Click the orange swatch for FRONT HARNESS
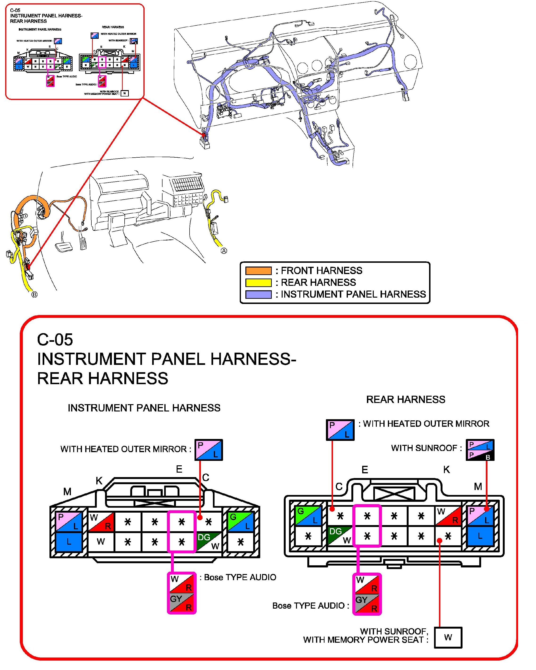[x=258, y=271]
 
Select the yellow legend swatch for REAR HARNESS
[x=258, y=283]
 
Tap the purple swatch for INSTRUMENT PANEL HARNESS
[x=258, y=294]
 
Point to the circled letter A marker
[x=224, y=251]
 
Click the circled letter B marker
[x=34, y=294]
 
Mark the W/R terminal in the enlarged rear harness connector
[x=448, y=516]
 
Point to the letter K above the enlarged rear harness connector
[x=447, y=470]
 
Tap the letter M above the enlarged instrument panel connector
[x=67, y=492]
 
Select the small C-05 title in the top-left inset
[x=15, y=10]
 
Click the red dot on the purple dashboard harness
[x=204, y=135]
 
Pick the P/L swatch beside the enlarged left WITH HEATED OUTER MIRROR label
[x=208, y=450]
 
